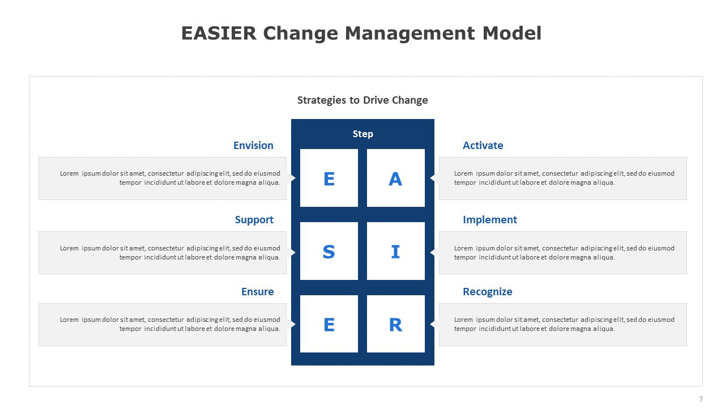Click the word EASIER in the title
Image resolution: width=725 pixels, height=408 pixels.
tap(219, 33)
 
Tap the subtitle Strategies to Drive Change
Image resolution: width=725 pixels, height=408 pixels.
tap(362, 100)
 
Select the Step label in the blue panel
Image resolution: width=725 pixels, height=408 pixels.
tap(363, 134)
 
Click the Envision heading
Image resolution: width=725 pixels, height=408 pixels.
tap(253, 146)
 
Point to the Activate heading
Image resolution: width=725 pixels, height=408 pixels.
tap(483, 146)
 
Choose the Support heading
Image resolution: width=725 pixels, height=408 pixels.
tap(254, 220)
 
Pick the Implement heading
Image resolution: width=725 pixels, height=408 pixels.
tap(490, 220)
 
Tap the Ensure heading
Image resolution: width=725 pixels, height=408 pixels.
tap(258, 292)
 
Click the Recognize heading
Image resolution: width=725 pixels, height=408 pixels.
tap(488, 292)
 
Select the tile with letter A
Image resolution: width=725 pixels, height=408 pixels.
tap(396, 178)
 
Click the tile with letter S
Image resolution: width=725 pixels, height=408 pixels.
tap(329, 251)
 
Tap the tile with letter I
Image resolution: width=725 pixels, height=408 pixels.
tap(396, 251)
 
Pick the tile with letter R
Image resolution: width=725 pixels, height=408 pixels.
tap(396, 324)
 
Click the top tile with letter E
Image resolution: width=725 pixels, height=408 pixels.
tap(329, 178)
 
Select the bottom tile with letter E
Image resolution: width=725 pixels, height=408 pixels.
tap(329, 324)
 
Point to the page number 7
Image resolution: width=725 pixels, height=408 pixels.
tap(701, 399)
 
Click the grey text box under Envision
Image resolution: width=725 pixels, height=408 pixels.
tap(163, 178)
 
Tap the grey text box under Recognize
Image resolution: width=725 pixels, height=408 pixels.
tap(563, 325)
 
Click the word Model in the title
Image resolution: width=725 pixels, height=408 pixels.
tap(511, 33)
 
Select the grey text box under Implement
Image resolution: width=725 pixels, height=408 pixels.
tap(563, 253)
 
